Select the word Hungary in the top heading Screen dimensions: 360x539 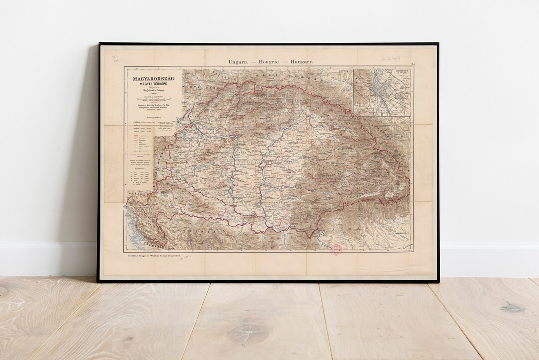(x=299, y=61)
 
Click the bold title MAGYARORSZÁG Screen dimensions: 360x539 (x=153, y=78)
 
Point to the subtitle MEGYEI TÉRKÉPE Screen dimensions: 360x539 (x=153, y=83)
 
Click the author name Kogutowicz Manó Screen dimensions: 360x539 (x=153, y=90)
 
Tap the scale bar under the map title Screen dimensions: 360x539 (x=153, y=98)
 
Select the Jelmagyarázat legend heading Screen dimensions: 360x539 (x=153, y=116)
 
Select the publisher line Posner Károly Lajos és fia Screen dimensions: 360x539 (x=153, y=105)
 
